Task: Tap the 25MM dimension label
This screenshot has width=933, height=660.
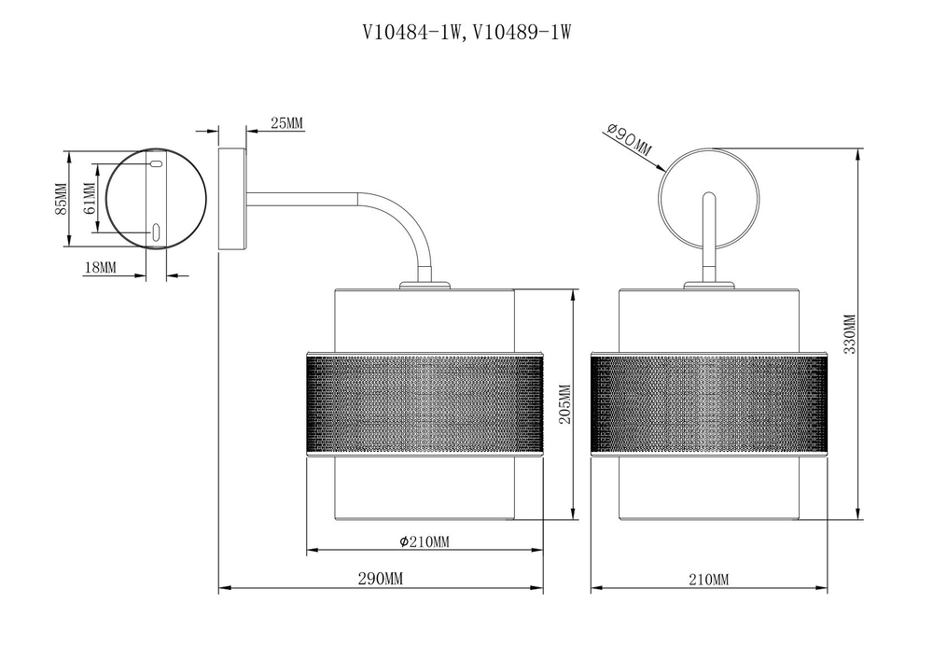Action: point(286,123)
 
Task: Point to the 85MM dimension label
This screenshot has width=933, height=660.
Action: point(61,199)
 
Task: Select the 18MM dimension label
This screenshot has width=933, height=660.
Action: point(101,268)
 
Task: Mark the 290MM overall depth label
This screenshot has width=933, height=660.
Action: point(381,580)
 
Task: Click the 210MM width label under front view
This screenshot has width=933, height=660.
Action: point(708,580)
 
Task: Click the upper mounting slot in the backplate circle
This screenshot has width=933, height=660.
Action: point(156,165)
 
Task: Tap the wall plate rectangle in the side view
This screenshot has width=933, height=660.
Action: point(231,198)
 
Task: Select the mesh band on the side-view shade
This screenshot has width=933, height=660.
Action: point(425,403)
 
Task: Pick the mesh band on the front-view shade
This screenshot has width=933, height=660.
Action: point(709,403)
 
